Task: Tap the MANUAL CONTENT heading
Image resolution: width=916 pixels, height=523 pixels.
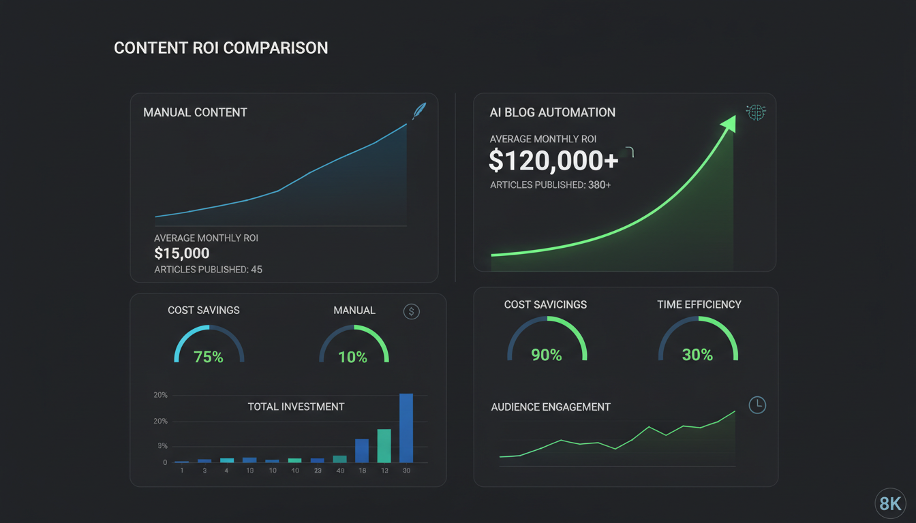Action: click(x=195, y=112)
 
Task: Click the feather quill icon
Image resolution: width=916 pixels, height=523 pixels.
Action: click(x=418, y=111)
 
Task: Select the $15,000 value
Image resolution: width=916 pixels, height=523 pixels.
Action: click(x=182, y=254)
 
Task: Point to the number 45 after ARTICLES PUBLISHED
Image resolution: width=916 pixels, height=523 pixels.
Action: click(x=256, y=270)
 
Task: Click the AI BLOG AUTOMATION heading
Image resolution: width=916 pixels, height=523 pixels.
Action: click(x=552, y=112)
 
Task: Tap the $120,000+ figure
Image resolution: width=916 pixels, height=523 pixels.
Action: click(x=553, y=160)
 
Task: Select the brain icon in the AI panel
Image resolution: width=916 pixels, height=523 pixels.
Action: click(x=756, y=113)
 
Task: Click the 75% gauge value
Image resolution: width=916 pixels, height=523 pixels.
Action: click(x=209, y=357)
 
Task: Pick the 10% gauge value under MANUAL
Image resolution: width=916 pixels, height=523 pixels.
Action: click(x=353, y=357)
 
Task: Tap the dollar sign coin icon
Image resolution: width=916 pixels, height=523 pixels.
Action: click(x=412, y=312)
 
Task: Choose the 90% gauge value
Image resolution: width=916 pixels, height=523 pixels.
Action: click(x=547, y=355)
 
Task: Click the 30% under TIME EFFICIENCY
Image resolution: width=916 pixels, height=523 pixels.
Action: click(x=697, y=355)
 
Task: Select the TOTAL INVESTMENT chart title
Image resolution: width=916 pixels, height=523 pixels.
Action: click(x=296, y=407)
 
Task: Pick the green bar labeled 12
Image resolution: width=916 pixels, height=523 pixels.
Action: click(x=384, y=446)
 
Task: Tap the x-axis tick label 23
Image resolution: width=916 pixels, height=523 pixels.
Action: click(x=318, y=471)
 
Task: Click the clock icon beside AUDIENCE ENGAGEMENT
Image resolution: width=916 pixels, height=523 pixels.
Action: click(x=757, y=405)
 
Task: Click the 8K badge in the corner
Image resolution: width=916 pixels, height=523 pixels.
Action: click(x=890, y=504)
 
